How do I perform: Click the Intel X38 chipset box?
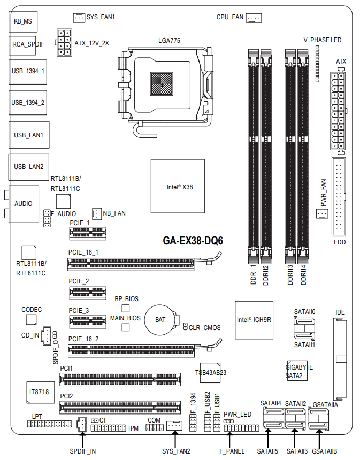pos(178,186)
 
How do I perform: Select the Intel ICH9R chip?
pos(254,320)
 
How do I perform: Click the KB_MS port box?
pos(23,21)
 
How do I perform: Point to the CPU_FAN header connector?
pos(254,18)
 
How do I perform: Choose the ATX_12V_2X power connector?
pos(64,43)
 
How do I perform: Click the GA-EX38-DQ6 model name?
pos(193,241)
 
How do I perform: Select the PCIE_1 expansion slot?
pos(88,234)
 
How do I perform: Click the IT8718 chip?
pos(40,392)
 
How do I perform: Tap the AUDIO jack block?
pos(24,204)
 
